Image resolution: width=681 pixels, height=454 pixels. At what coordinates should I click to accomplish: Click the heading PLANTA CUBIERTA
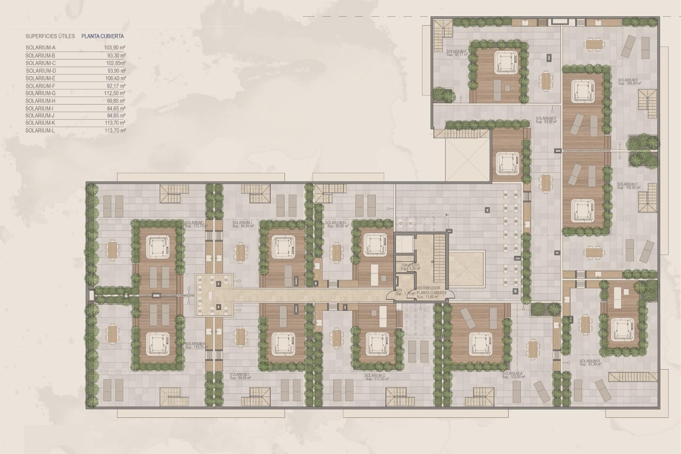click(x=103, y=36)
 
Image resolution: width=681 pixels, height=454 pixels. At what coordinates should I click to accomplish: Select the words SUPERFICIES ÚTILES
click(x=50, y=36)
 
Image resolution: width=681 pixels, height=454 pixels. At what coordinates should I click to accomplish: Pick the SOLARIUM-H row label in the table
click(x=40, y=101)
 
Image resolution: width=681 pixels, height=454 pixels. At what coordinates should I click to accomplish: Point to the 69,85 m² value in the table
click(x=117, y=101)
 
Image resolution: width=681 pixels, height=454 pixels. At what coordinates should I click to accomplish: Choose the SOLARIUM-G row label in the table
click(x=40, y=93)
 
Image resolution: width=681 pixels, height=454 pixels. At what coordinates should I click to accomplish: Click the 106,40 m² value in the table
click(x=117, y=78)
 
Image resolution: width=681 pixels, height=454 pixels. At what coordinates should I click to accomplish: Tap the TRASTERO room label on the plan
click(x=410, y=265)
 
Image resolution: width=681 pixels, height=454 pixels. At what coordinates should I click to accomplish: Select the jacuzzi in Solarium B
click(x=621, y=328)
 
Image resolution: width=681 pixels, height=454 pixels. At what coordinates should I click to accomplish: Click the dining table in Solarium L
click(x=112, y=250)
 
